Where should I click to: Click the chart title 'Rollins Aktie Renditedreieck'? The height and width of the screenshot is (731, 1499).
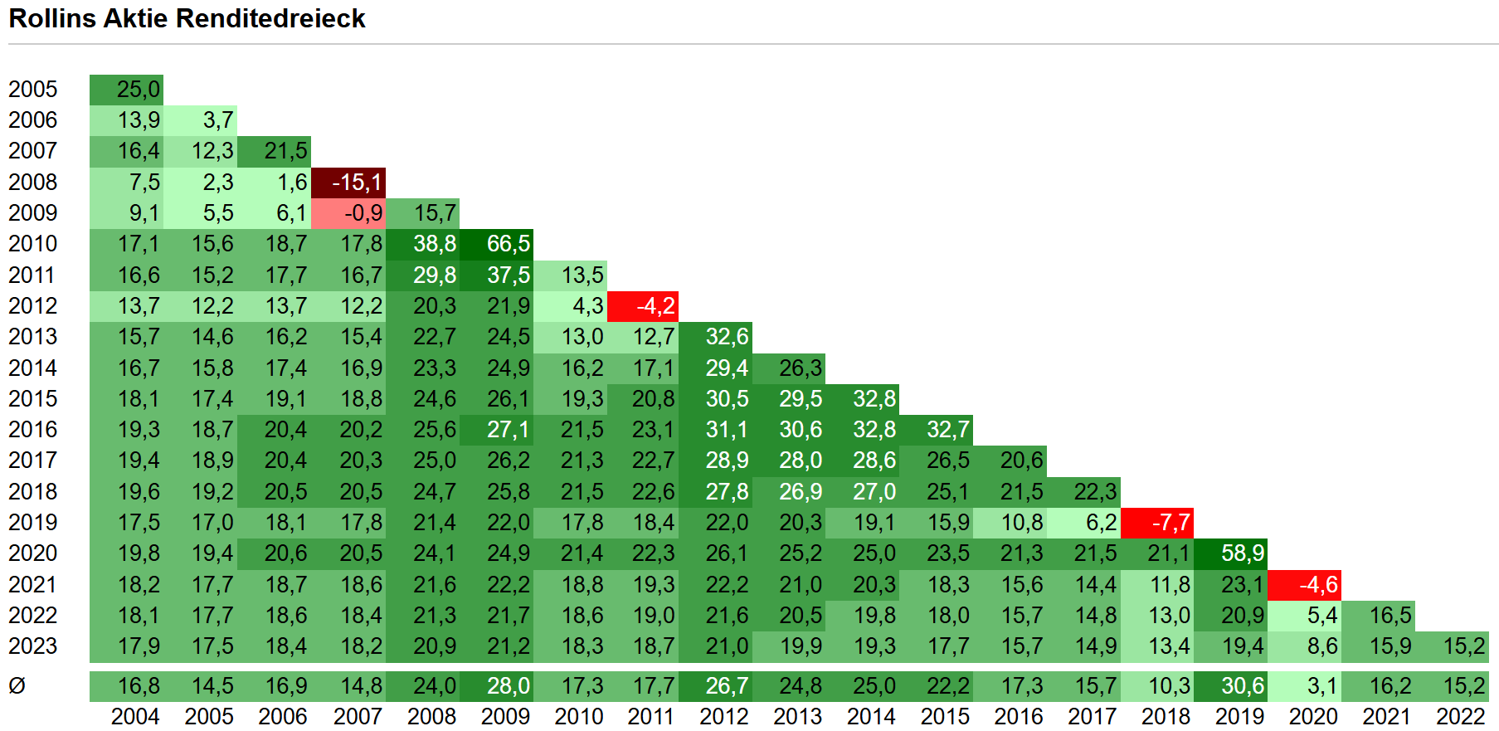pyautogui.click(x=187, y=18)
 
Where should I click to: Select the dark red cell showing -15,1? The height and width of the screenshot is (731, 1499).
pyautogui.click(x=348, y=183)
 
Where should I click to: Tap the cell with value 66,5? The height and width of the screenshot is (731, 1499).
pyautogui.click(x=496, y=244)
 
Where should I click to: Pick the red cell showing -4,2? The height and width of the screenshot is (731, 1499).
pyautogui.click(x=643, y=306)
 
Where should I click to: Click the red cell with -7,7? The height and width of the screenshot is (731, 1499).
pyautogui.click(x=1157, y=523)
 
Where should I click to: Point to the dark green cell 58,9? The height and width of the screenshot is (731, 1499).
pyautogui.click(x=1231, y=553)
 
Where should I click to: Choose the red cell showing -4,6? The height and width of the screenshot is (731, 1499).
pyautogui.click(x=1305, y=585)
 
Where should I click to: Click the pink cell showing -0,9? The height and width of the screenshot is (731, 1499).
pyautogui.click(x=348, y=213)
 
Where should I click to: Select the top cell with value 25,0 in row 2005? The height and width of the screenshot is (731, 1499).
pyautogui.click(x=127, y=90)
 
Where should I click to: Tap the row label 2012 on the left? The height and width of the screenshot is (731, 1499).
pyautogui.click(x=33, y=306)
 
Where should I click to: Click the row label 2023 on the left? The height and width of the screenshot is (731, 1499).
pyautogui.click(x=33, y=646)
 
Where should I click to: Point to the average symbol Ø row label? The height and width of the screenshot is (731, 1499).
pyautogui.click(x=17, y=686)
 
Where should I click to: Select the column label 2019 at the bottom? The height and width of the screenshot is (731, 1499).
pyautogui.click(x=1239, y=717)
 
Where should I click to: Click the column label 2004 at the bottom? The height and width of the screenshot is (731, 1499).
pyautogui.click(x=135, y=717)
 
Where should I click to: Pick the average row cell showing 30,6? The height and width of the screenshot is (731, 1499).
pyautogui.click(x=1231, y=686)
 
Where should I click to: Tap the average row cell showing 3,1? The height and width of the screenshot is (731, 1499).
pyautogui.click(x=1305, y=686)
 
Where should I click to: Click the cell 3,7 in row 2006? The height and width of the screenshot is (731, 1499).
pyautogui.click(x=201, y=120)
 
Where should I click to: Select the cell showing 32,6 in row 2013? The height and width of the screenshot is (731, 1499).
pyautogui.click(x=716, y=337)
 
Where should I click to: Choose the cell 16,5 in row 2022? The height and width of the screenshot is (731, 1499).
pyautogui.click(x=1378, y=616)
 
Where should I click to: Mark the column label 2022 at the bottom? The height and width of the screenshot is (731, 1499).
pyautogui.click(x=1460, y=717)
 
